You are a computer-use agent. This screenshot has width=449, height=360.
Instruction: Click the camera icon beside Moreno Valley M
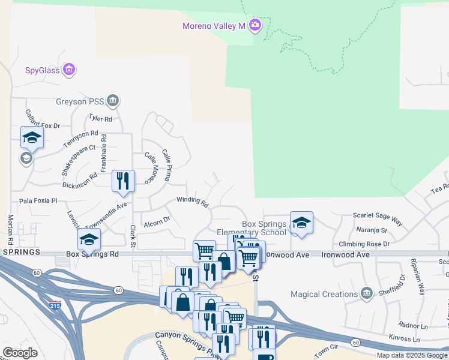(255, 25)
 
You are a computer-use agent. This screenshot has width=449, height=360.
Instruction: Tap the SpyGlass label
(42, 70)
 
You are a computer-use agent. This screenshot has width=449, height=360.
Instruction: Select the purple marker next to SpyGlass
(69, 70)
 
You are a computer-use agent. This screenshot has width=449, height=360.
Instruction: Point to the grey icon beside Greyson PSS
(112, 100)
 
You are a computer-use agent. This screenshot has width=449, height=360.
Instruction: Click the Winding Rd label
(192, 200)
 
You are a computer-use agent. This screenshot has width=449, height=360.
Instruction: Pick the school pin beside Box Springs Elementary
(301, 223)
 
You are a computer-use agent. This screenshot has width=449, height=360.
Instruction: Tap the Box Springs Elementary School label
(264, 229)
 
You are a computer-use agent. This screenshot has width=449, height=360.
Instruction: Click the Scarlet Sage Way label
(377, 215)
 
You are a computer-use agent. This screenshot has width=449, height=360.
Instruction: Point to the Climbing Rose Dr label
(364, 244)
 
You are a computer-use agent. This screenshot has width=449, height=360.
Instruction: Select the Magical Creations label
(324, 294)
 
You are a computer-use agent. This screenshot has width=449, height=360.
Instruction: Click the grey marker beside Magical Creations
(367, 293)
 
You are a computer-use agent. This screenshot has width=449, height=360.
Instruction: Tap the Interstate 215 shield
(55, 304)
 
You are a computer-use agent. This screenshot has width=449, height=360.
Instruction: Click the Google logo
(20, 353)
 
